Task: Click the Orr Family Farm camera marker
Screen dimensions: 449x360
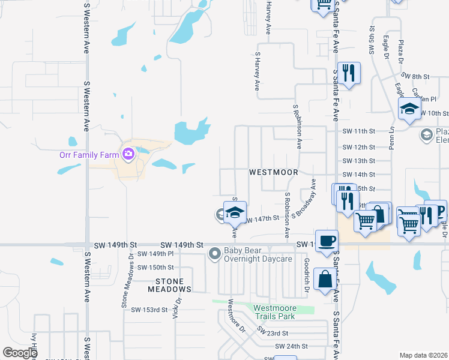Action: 127,155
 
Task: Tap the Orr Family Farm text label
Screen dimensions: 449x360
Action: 89,155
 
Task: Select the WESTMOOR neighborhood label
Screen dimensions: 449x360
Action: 274,172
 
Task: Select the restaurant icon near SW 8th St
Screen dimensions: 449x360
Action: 349,73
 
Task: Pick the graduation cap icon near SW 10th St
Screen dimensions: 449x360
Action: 409,109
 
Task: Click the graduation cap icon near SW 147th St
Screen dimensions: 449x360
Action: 234,212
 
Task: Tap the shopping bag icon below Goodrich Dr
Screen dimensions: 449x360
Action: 325,280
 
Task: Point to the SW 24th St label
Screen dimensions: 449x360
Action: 291,346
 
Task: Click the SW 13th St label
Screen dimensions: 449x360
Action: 358,161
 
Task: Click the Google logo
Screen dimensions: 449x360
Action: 20,353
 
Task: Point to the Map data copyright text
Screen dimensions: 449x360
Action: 423,355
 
